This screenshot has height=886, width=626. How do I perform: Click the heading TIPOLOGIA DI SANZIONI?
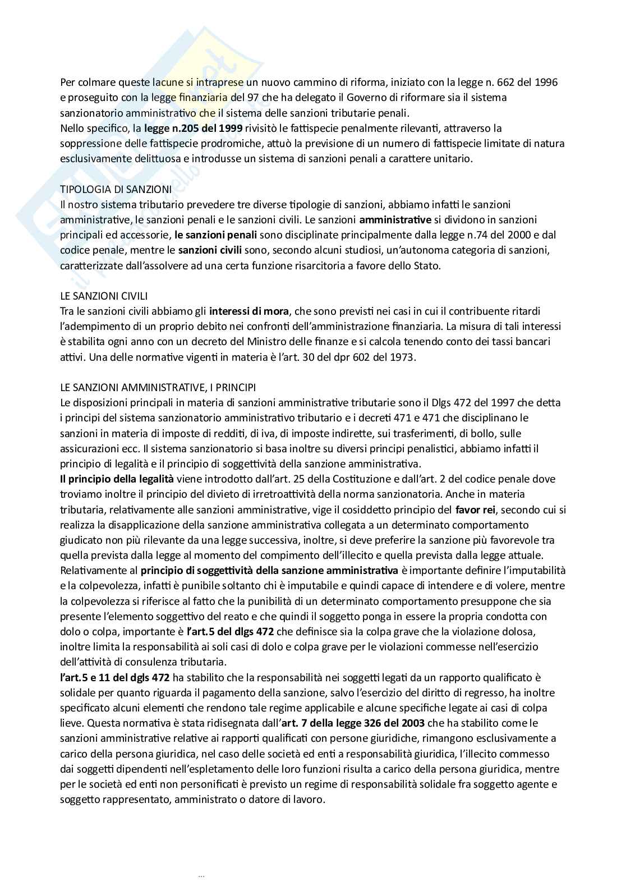116,190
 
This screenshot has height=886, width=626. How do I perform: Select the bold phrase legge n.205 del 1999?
193,128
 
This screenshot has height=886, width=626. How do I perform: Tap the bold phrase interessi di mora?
249,311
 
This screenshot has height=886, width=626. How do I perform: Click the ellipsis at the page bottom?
202,874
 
